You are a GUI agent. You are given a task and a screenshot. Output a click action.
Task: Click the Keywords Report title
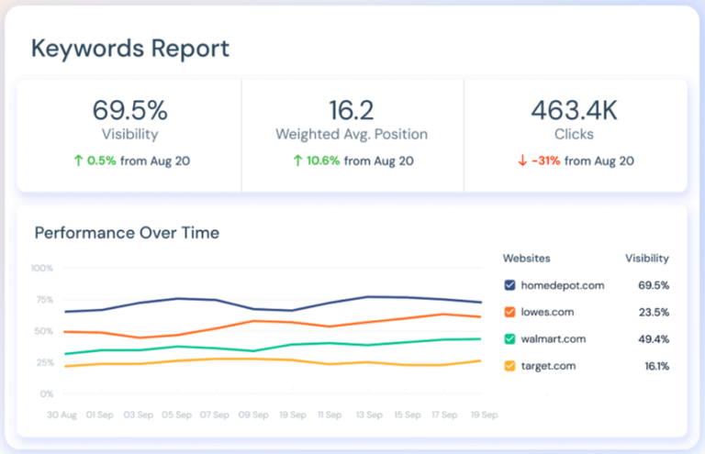point(130,49)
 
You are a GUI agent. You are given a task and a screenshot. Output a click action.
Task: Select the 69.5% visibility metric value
point(129,111)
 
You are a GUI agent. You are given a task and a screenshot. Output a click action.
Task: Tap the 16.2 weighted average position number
point(352,111)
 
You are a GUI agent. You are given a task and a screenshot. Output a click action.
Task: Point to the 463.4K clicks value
point(575,111)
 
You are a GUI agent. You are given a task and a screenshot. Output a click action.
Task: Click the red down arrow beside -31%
point(521,161)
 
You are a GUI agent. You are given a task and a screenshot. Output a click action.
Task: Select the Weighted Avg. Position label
point(352,135)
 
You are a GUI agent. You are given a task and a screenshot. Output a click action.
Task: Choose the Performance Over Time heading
point(127,233)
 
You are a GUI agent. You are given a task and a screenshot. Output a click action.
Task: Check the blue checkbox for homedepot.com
point(509,285)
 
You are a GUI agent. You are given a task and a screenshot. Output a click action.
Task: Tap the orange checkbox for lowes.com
point(509,312)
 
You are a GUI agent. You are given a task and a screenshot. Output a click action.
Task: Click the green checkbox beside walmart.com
point(509,339)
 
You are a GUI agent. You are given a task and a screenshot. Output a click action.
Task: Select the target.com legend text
point(549,366)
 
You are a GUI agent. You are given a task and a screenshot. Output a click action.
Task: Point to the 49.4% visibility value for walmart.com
point(653,339)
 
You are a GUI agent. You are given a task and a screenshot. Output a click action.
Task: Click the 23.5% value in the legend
point(653,312)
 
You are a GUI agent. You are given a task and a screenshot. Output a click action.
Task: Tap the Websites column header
point(527,259)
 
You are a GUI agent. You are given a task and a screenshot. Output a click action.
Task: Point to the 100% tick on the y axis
point(43,269)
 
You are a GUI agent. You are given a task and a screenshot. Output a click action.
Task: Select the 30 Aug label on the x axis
point(62,415)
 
